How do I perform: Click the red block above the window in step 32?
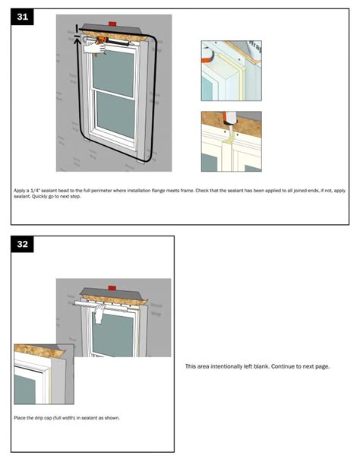click(112, 289)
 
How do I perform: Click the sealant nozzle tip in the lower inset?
click(228, 122)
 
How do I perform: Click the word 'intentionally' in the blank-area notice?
click(226, 366)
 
